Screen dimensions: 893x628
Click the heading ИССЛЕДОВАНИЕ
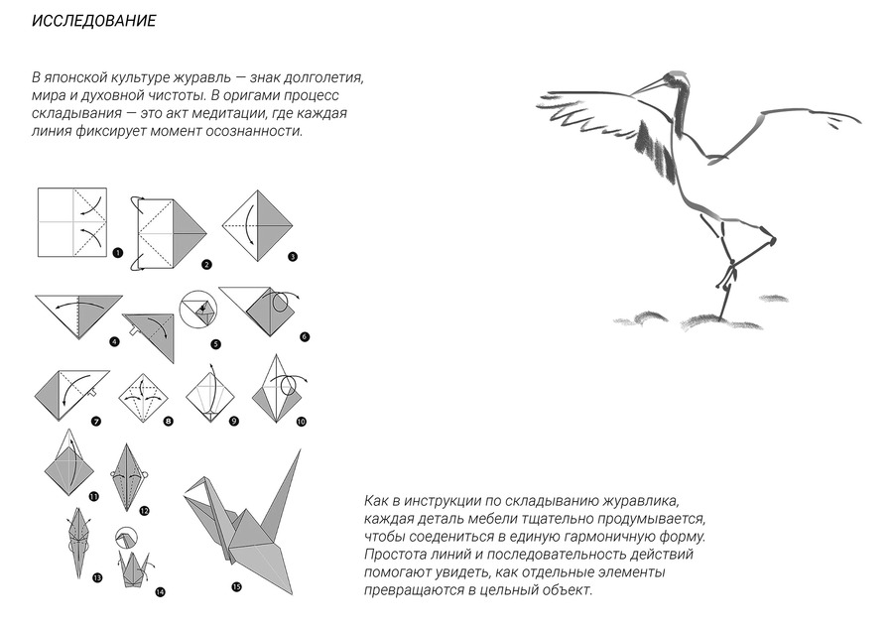tap(94, 21)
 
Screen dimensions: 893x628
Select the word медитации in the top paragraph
tap(226, 113)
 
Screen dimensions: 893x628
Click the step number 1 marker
tap(118, 253)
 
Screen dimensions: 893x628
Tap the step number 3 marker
tap(293, 257)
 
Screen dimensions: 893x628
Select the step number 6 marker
tap(305, 337)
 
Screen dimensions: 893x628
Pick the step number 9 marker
tap(234, 422)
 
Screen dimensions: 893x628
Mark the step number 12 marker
tap(144, 511)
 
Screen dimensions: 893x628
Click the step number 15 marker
tap(236, 587)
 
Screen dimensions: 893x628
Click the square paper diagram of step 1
tap(72, 222)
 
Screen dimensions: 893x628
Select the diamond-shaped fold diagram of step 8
tap(144, 398)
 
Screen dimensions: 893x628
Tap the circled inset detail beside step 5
tap(198, 311)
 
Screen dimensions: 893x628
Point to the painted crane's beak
tap(649, 86)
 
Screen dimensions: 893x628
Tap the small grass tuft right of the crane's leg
tap(773, 299)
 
